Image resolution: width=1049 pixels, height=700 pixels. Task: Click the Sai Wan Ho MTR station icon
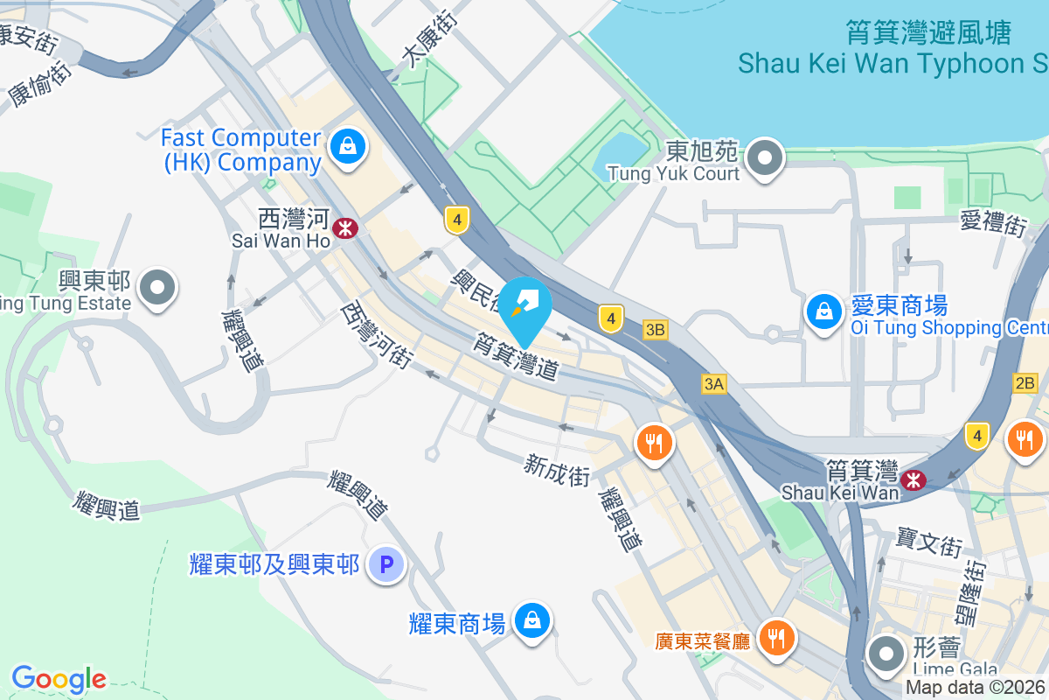click(347, 228)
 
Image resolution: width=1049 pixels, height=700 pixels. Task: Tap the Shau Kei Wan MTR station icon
click(914, 479)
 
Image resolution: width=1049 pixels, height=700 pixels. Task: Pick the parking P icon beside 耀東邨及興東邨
click(386, 564)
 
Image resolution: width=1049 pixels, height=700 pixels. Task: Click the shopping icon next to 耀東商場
click(531, 621)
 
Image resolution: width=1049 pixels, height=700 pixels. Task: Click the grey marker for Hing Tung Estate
click(158, 287)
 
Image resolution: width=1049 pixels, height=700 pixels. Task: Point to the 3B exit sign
click(655, 330)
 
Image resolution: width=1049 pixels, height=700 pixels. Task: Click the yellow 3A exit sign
click(714, 383)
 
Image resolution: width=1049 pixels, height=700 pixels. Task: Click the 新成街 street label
click(558, 469)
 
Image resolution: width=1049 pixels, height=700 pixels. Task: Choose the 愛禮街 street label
click(992, 222)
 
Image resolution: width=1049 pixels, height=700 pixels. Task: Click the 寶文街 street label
click(929, 542)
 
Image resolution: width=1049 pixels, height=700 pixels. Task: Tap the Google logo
click(59, 678)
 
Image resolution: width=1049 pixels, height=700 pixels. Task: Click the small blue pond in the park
click(619, 154)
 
